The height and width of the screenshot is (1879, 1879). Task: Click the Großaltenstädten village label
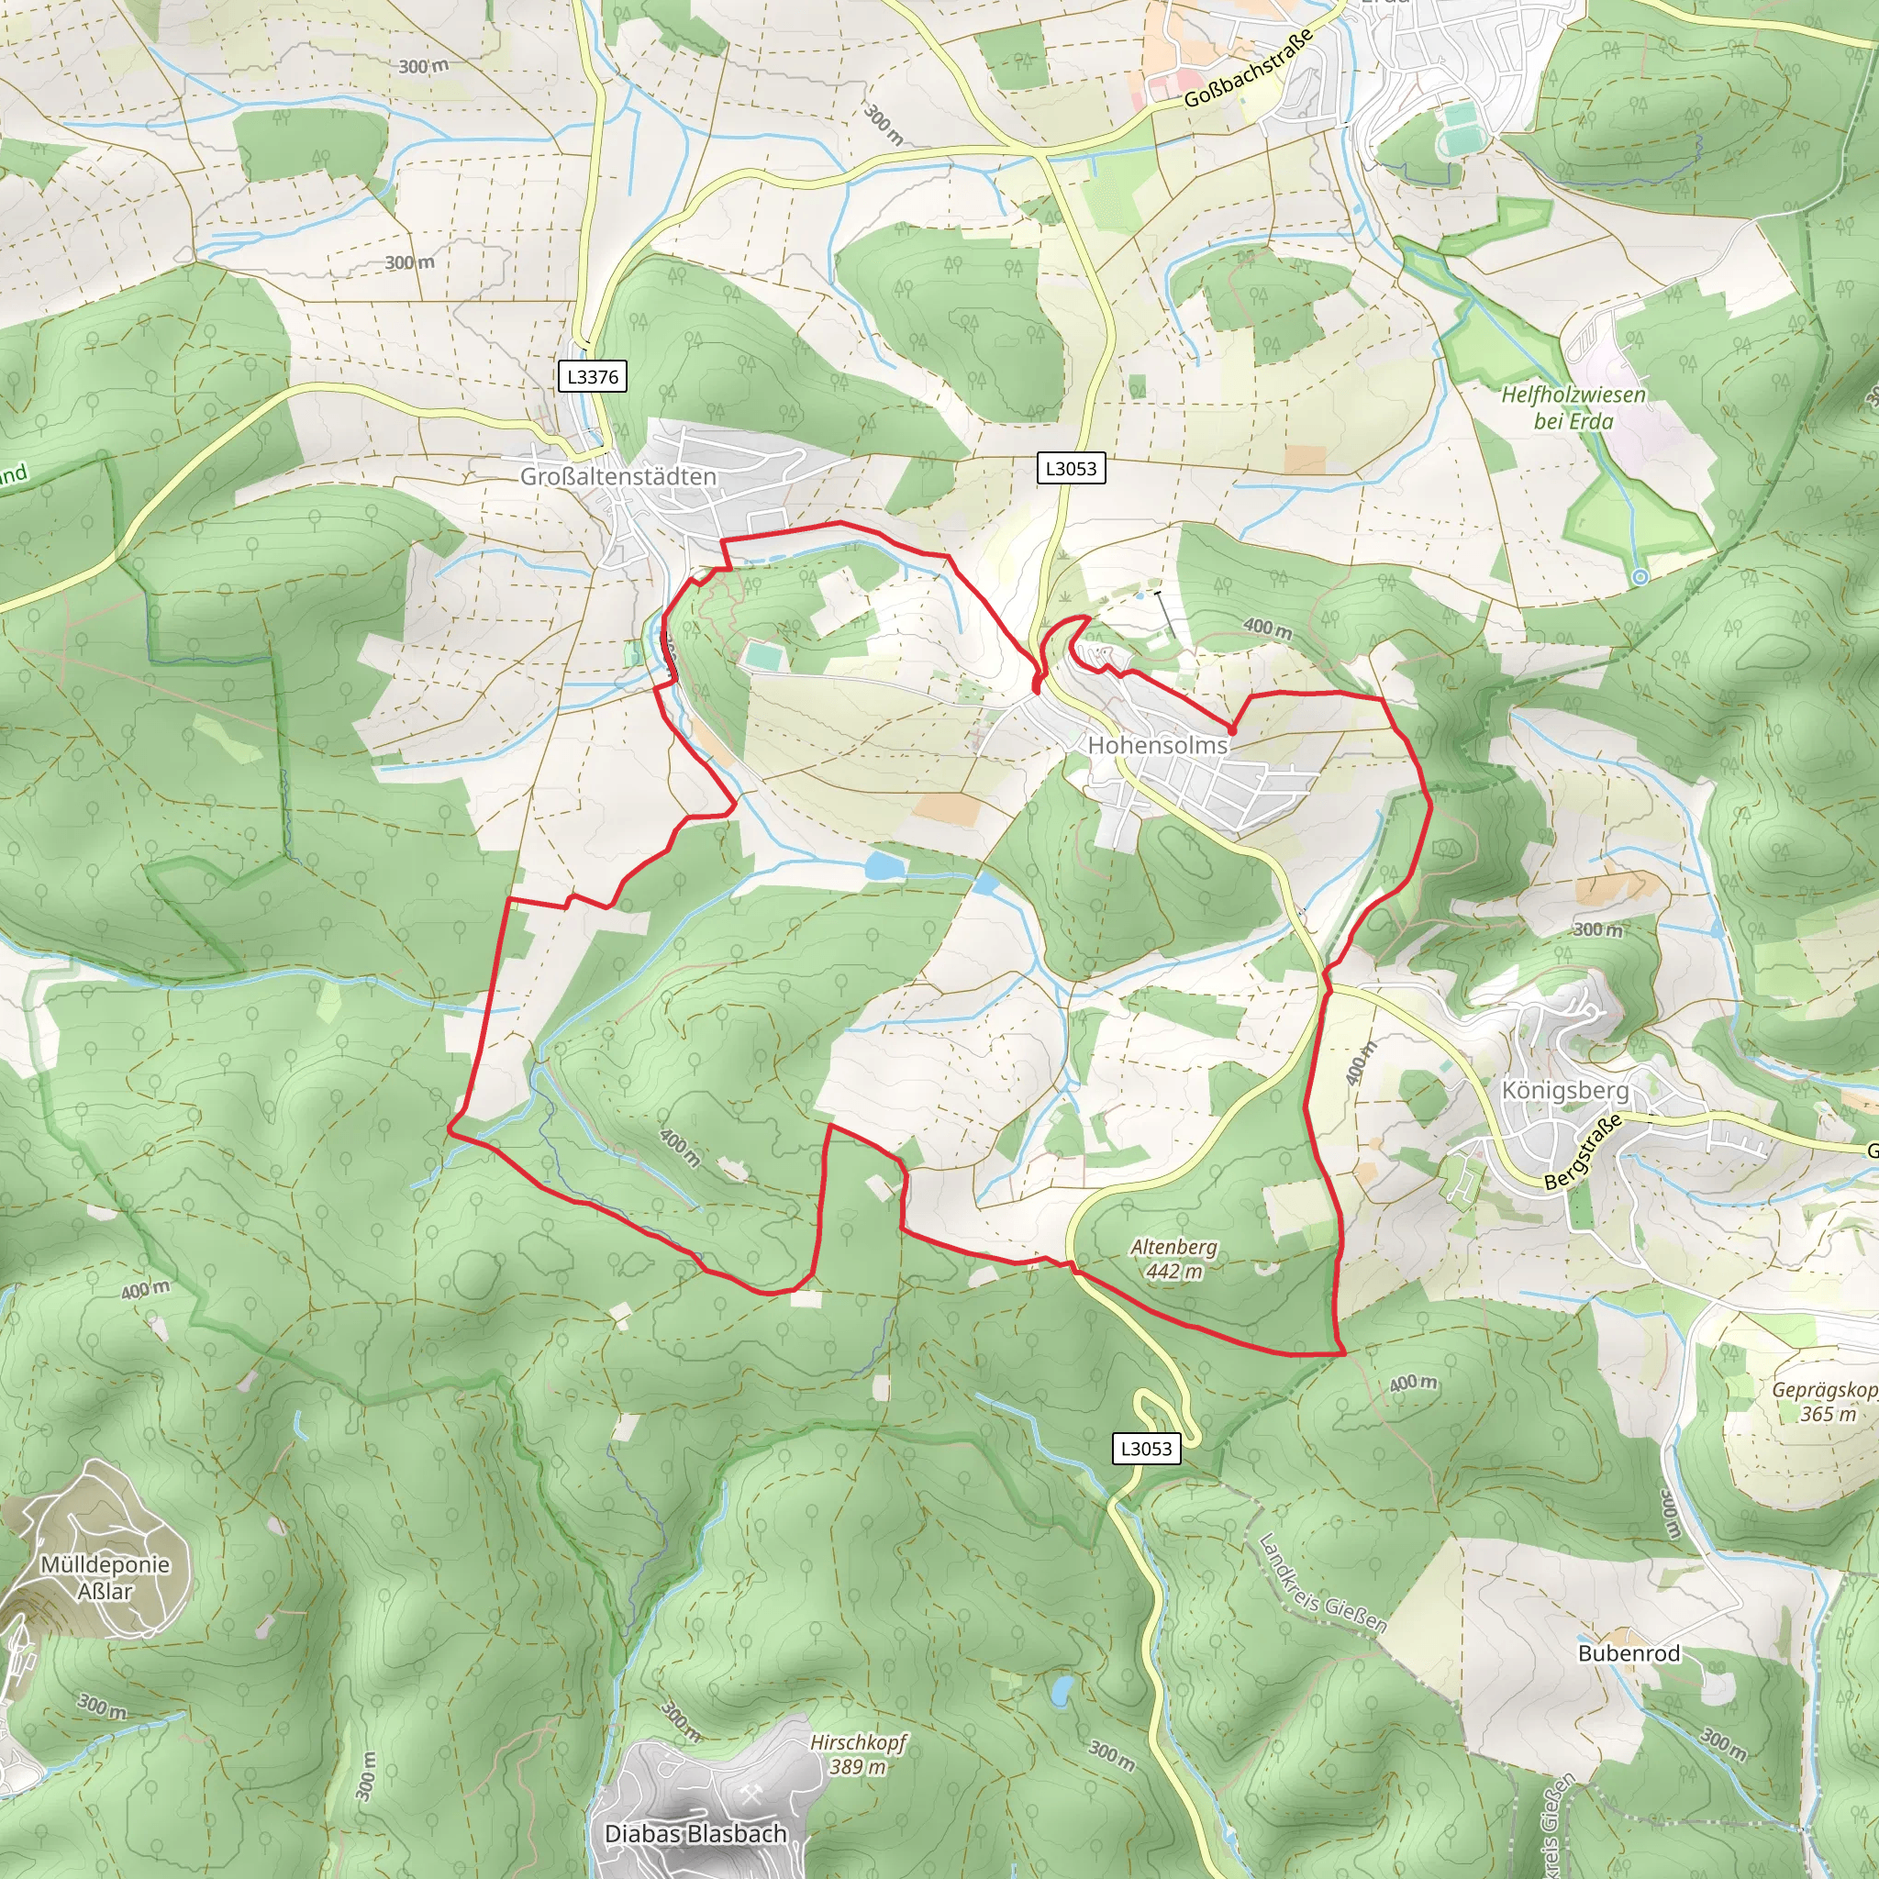click(617, 476)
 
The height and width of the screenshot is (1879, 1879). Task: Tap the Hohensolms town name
click(1157, 745)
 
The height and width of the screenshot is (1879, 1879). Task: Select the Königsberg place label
click(1565, 1089)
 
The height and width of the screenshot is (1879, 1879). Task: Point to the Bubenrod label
click(1629, 1652)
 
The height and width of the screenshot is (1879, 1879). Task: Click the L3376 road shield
click(592, 376)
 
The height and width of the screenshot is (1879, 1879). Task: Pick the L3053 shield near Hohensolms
click(1070, 468)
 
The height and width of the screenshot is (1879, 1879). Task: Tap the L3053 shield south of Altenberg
click(1147, 1448)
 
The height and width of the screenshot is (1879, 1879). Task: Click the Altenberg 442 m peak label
click(1173, 1259)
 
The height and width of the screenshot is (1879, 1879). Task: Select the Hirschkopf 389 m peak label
click(858, 1754)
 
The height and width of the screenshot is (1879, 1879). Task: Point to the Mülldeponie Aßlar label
click(105, 1577)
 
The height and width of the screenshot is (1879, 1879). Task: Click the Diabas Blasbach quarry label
click(695, 1833)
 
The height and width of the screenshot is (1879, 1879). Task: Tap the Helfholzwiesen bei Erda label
click(1573, 407)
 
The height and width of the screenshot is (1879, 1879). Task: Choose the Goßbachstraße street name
click(1249, 68)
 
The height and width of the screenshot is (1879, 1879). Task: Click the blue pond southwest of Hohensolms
click(884, 864)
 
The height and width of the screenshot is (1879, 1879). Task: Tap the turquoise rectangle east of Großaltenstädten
click(764, 657)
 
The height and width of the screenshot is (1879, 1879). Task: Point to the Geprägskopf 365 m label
click(1826, 1402)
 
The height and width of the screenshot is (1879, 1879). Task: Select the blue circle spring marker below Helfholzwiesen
click(1640, 578)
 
